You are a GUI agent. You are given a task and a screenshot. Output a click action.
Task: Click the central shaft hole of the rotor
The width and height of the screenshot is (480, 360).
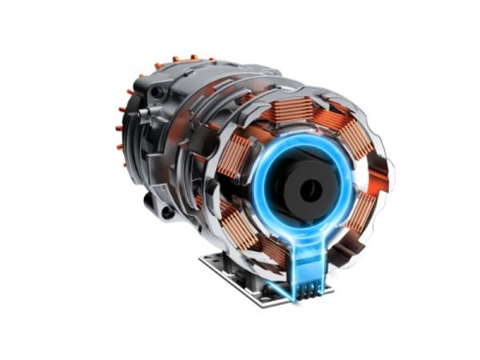click(310, 190)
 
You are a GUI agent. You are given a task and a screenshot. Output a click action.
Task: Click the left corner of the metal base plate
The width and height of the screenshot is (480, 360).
click(200, 260)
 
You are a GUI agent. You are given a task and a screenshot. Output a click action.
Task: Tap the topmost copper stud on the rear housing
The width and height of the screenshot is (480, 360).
click(192, 57)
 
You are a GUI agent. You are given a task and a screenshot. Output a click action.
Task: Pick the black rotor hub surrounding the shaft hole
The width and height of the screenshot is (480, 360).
click(296, 180)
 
